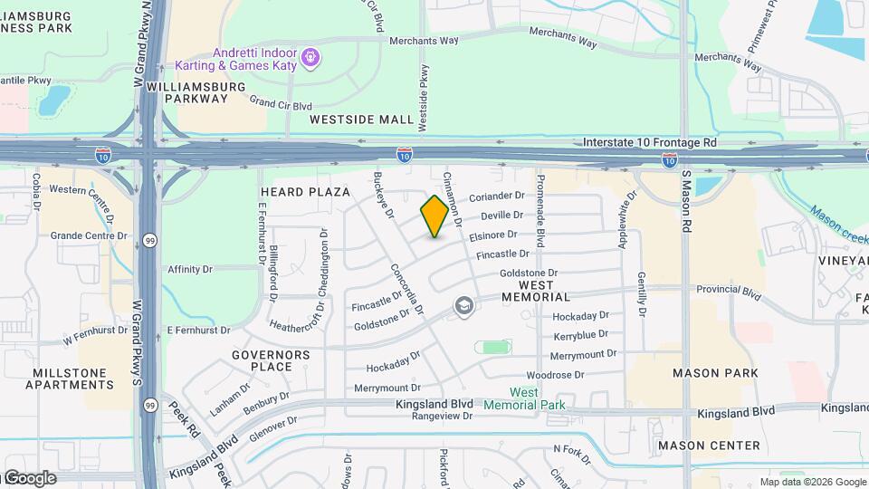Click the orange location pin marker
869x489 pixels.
point(435,216)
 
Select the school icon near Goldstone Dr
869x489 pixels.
point(464,306)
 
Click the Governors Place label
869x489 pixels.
point(271,360)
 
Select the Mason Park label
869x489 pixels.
point(709,373)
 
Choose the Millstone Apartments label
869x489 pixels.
point(72,379)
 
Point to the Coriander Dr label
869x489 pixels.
point(497,197)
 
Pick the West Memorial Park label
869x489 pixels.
point(525,398)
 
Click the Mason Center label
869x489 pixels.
point(709,446)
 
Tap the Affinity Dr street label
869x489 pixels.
point(190,269)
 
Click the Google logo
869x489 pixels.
point(29,478)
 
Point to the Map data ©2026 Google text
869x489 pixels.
point(813,481)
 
